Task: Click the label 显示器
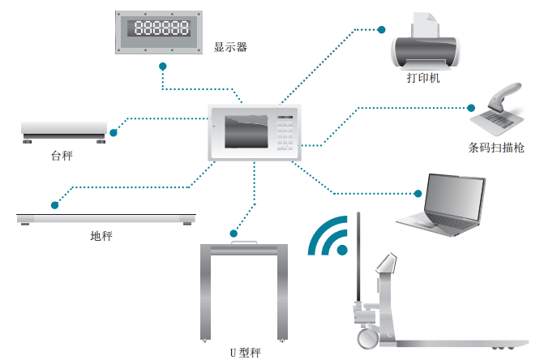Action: tap(229, 47)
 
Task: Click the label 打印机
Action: tap(422, 79)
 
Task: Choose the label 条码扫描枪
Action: tap(495, 148)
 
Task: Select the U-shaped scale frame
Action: tap(244, 291)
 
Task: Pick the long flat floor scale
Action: tap(106, 218)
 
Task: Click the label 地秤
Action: tap(101, 237)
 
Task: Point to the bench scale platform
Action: tap(64, 130)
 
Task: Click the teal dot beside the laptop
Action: tap(418, 194)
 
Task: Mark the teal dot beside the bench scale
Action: tap(114, 131)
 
